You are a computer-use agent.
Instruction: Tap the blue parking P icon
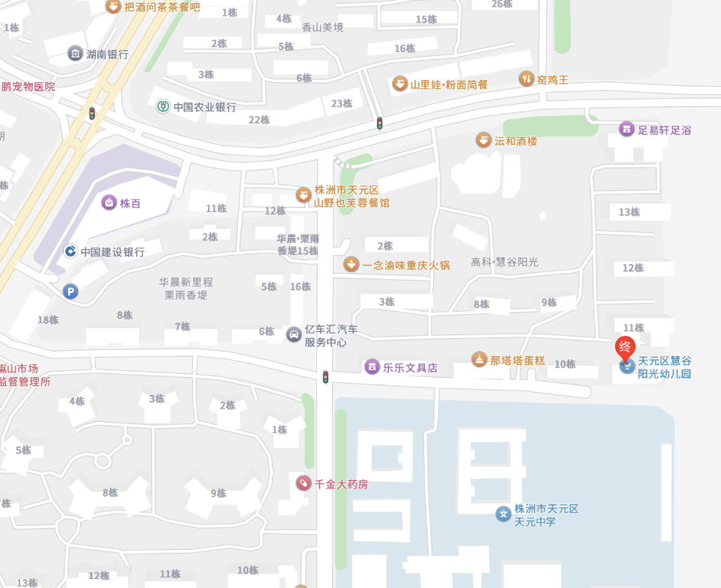pyautogui.click(x=70, y=292)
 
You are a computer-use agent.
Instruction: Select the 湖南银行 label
pyautogui.click(x=107, y=54)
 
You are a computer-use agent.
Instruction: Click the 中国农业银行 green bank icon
pyautogui.click(x=162, y=106)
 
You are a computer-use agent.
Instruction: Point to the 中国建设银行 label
pyautogui.click(x=112, y=252)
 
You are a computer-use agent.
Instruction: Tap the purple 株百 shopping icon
pyautogui.click(x=109, y=203)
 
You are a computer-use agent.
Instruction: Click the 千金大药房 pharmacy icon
pyautogui.click(x=303, y=483)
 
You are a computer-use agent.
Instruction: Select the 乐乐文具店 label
pyautogui.click(x=410, y=367)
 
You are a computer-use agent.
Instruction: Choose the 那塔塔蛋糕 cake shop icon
pyautogui.click(x=479, y=361)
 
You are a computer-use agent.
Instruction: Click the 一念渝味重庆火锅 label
pyautogui.click(x=406, y=265)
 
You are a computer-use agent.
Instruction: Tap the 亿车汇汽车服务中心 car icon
pyautogui.click(x=293, y=334)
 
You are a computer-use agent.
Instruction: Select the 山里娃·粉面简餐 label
pyautogui.click(x=449, y=85)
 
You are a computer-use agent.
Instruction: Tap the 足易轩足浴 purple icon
pyautogui.click(x=626, y=129)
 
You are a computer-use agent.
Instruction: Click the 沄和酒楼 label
pyautogui.click(x=516, y=141)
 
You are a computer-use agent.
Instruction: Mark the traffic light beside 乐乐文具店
pyautogui.click(x=325, y=377)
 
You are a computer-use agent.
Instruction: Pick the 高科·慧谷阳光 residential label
pyautogui.click(x=505, y=262)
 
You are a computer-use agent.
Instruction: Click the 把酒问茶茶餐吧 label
pyautogui.click(x=162, y=7)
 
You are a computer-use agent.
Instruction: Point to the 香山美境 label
pyautogui.click(x=322, y=28)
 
